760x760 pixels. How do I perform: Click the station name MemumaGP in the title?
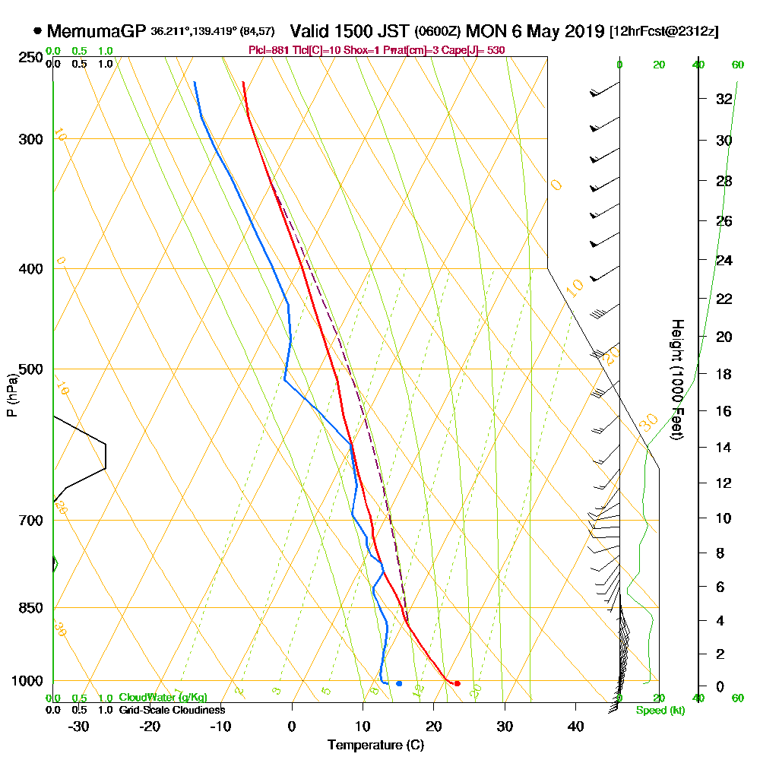tap(97, 32)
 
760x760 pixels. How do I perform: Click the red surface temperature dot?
tap(457, 683)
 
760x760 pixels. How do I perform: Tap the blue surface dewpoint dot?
tap(399, 683)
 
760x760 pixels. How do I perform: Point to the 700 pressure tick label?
tap(32, 521)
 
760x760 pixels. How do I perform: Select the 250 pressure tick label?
tap(32, 58)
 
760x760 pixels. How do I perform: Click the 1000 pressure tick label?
tap(29, 681)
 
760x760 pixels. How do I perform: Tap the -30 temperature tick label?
tap(79, 726)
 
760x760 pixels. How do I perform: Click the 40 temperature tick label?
tap(576, 726)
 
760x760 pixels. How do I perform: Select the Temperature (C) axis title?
tap(375, 745)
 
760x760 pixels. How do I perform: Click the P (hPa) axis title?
tap(11, 395)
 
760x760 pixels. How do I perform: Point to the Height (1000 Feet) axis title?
tap(676, 380)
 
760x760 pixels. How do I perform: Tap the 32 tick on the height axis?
tap(724, 98)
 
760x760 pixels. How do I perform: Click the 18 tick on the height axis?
tap(724, 374)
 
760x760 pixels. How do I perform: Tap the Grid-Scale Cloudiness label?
tap(172, 710)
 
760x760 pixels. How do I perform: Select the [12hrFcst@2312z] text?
tap(663, 32)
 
